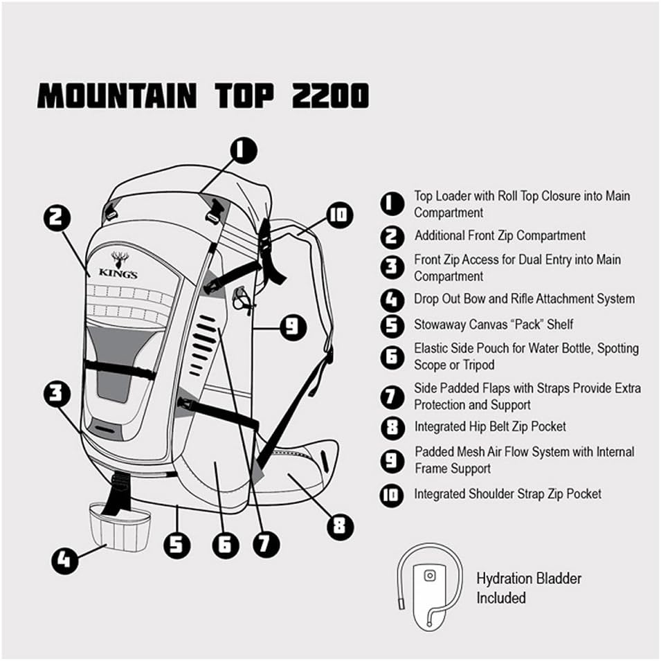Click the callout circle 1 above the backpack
click(x=244, y=150)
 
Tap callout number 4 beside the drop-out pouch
click(x=65, y=560)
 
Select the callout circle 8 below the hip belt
click(x=341, y=525)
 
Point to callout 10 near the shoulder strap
click(x=339, y=215)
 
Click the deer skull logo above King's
click(x=120, y=260)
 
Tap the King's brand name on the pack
click(x=118, y=273)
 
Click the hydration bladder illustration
click(x=429, y=586)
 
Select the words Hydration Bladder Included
click(x=529, y=588)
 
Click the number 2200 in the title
click(x=331, y=96)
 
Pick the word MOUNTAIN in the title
click(x=117, y=96)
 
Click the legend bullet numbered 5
click(x=392, y=325)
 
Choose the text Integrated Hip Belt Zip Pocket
click(x=490, y=426)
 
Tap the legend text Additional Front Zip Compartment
click(x=500, y=235)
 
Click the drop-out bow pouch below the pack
click(x=120, y=527)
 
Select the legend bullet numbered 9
click(x=392, y=460)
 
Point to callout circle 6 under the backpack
click(x=225, y=545)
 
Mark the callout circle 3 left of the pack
click(x=57, y=394)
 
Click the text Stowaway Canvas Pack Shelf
click(x=494, y=324)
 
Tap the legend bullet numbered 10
click(x=392, y=495)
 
